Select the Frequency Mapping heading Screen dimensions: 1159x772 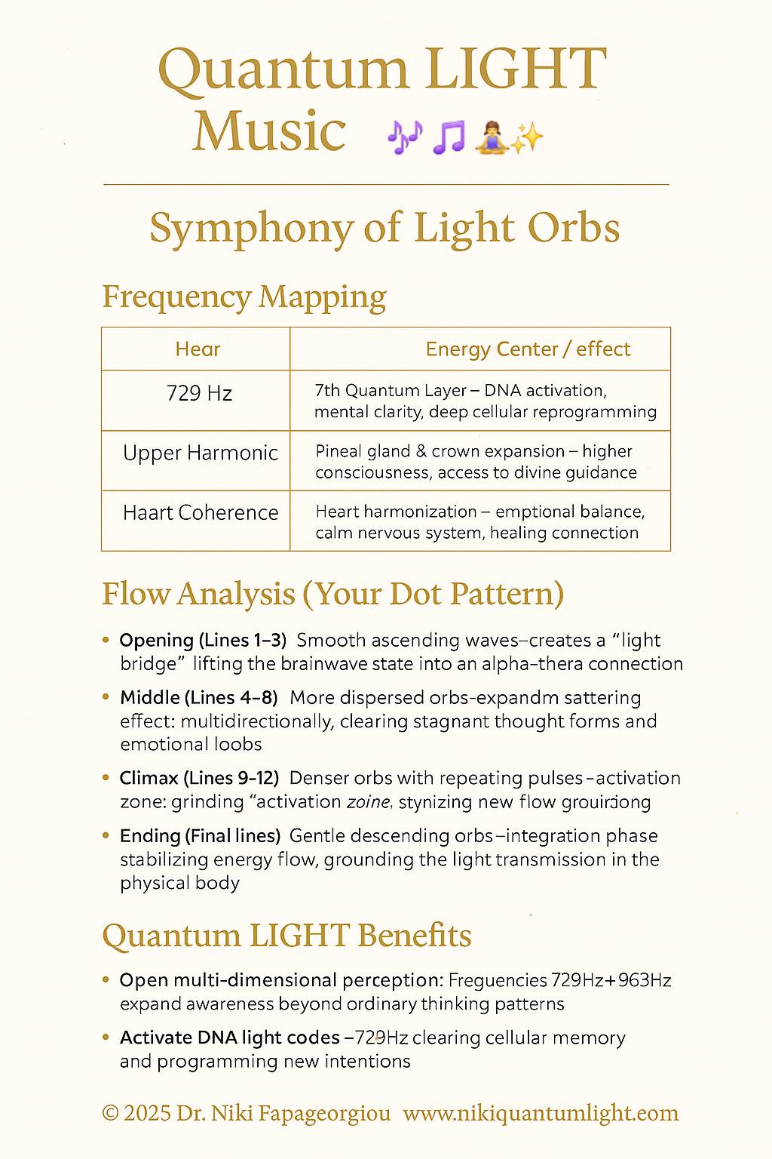click(244, 297)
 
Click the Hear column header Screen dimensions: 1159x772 click(198, 349)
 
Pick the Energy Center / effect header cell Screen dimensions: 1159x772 click(528, 349)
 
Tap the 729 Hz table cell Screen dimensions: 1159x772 click(199, 393)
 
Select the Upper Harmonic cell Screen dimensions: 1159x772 click(201, 453)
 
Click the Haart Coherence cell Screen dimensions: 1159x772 click(201, 513)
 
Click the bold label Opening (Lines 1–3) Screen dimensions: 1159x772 click(203, 641)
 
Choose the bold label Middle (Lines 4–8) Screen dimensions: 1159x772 click(199, 698)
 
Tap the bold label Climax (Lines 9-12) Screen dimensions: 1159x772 click(200, 778)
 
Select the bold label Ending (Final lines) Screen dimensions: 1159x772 click(201, 836)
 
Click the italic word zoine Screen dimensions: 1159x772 click(368, 802)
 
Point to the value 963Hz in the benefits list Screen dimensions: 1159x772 click(644, 981)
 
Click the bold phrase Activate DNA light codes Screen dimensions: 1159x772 click(230, 1038)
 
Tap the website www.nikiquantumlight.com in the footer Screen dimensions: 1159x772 click(541, 1114)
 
